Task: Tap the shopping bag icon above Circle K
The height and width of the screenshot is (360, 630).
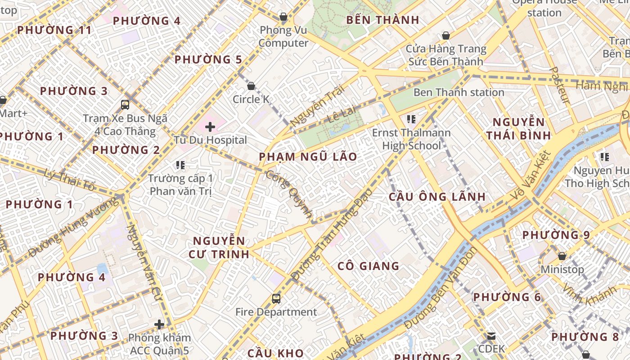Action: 251,85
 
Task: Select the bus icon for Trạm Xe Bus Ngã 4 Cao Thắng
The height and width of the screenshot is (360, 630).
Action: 125,105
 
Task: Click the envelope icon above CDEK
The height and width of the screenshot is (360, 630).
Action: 491,336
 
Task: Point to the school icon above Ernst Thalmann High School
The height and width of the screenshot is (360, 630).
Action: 411,119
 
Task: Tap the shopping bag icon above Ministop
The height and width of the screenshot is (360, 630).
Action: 562,256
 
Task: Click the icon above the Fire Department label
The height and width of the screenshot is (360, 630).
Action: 276,298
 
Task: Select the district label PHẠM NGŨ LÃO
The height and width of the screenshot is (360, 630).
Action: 308,157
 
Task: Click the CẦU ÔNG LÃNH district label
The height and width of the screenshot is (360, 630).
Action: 437,197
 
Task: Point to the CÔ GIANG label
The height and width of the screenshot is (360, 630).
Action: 369,266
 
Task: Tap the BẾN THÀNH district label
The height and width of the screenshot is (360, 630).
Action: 382,20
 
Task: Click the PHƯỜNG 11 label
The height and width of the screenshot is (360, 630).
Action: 54,30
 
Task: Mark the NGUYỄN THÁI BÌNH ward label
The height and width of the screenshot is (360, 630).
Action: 518,129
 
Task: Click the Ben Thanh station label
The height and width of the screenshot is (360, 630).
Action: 459,92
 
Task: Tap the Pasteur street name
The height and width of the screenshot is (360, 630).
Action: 561,85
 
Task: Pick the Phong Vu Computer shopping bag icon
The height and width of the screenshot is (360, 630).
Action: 283,17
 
